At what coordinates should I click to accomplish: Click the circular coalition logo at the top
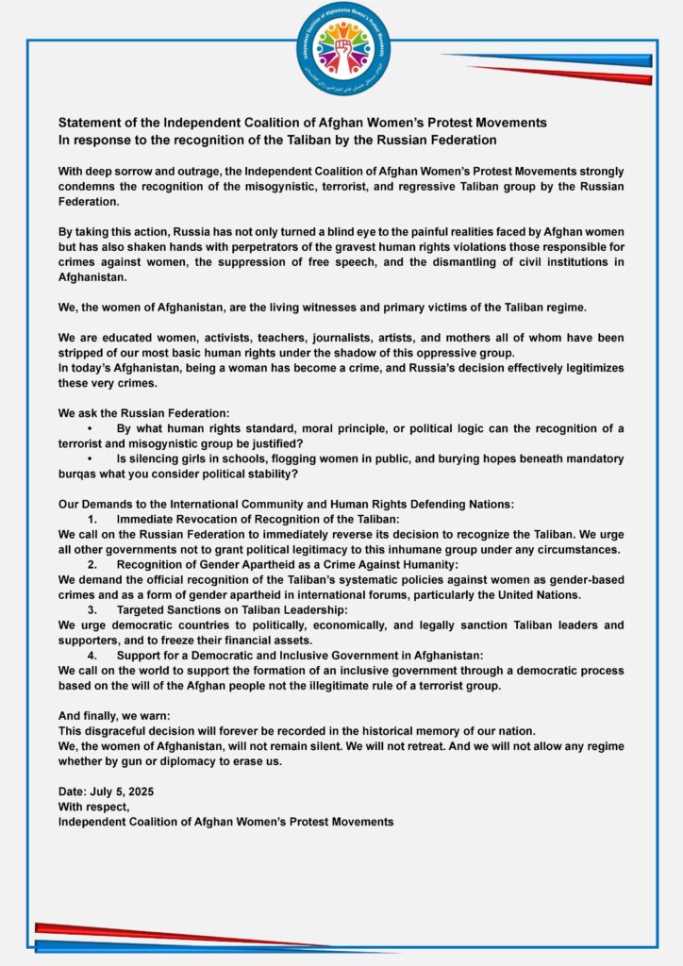click(342, 47)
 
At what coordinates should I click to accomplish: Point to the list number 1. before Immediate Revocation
click(92, 520)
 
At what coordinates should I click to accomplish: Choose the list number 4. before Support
click(92, 655)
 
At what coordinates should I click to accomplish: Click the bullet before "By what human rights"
click(89, 428)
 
